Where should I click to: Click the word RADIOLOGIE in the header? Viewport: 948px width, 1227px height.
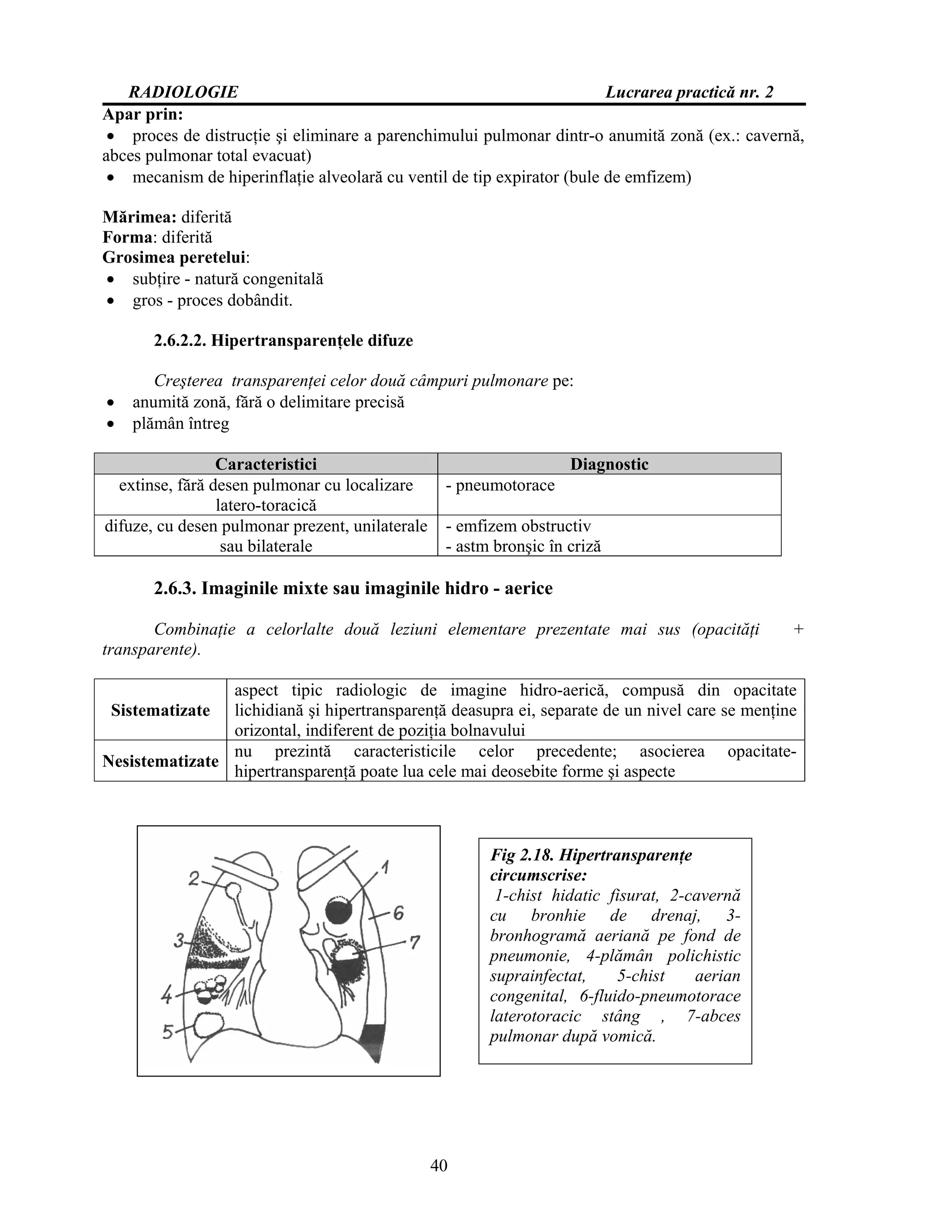[x=183, y=92]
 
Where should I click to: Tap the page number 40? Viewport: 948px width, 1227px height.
[x=439, y=1165]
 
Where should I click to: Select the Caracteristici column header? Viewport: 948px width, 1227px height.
[x=266, y=464]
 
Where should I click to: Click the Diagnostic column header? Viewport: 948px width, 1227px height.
[x=609, y=464]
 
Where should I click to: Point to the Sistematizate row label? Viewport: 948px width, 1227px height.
[x=160, y=710]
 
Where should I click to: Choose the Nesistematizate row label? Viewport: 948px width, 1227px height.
[x=160, y=761]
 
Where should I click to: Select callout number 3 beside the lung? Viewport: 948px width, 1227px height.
[x=179, y=940]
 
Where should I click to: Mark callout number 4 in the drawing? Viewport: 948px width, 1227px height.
[x=167, y=996]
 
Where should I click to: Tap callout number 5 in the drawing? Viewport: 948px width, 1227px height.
[x=168, y=1032]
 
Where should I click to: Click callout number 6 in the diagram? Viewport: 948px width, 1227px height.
[x=398, y=913]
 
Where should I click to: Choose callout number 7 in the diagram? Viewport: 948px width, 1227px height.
[x=414, y=942]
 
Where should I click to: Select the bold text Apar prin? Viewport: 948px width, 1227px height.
[x=143, y=115]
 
